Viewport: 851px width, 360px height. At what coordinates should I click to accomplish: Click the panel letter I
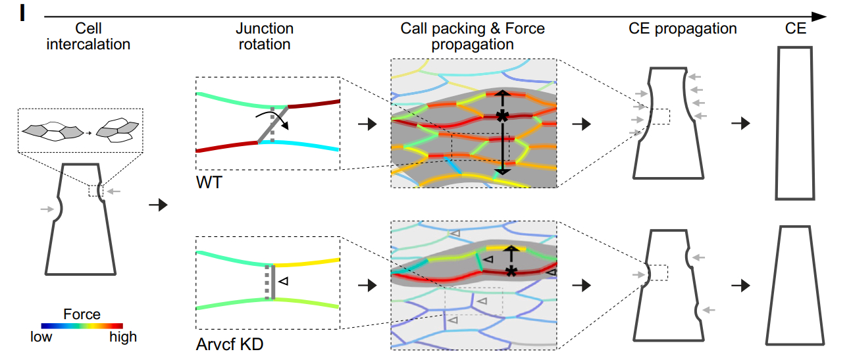pyautogui.click(x=22, y=14)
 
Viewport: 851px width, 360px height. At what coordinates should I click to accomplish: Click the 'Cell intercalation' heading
pyautogui.click(x=88, y=37)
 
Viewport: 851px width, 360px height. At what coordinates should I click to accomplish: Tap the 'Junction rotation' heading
pyautogui.click(x=264, y=37)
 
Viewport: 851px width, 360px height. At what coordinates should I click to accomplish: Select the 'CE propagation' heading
pyautogui.click(x=683, y=29)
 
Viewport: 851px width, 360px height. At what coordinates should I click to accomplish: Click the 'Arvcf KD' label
pyautogui.click(x=230, y=344)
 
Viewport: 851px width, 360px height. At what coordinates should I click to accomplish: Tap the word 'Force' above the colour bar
pyautogui.click(x=82, y=314)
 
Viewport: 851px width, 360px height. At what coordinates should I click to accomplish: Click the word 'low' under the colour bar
pyautogui.click(x=41, y=337)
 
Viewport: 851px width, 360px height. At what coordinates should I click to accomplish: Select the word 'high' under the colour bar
pyautogui.click(x=123, y=337)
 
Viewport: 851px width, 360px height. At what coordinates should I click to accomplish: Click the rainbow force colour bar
pyautogui.click(x=82, y=325)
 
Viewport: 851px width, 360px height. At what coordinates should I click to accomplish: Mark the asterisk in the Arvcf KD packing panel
pyautogui.click(x=510, y=271)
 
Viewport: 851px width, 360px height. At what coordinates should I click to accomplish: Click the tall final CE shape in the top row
pyautogui.click(x=796, y=123)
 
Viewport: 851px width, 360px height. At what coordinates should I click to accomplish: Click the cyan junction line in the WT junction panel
pyautogui.click(x=303, y=144)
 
